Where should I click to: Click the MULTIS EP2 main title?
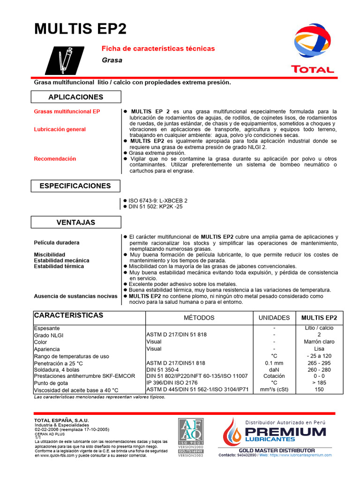[81, 29]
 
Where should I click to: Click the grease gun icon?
[64, 60]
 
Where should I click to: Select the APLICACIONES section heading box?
[75, 97]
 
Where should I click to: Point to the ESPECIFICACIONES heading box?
[75, 186]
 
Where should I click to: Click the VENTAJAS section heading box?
[75, 223]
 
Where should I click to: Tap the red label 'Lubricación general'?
[60, 129]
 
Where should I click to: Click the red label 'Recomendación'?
[55, 159]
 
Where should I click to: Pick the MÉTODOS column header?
[199, 318]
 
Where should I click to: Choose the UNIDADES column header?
[274, 318]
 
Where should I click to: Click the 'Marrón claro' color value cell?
[319, 342]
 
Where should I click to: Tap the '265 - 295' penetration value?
[319, 363]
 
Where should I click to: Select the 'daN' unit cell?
[274, 369]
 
